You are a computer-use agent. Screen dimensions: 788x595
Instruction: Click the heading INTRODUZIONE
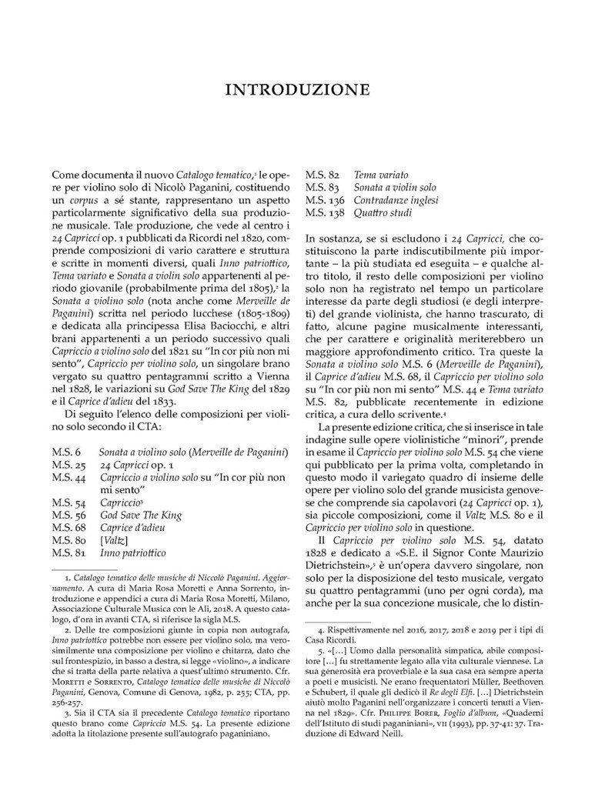tap(297, 90)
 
